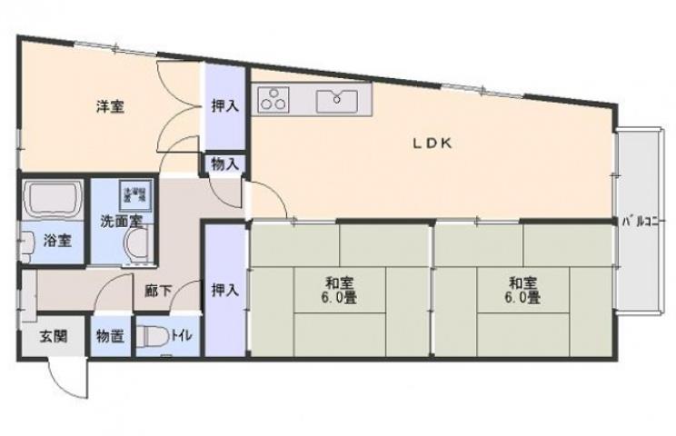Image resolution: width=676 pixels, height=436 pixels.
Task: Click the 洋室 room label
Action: point(111,107)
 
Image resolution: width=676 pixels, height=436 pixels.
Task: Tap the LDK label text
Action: point(433,144)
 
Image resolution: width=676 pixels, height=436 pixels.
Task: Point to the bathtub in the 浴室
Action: point(52,200)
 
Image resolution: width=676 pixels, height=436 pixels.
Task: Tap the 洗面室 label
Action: point(120,221)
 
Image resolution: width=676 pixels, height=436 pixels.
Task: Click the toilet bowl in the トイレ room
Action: point(152,337)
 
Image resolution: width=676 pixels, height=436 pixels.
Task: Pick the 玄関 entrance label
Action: point(52,336)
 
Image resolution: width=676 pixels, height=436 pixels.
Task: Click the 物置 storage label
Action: point(110,336)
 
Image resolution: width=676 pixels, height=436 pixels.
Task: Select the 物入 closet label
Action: point(224,164)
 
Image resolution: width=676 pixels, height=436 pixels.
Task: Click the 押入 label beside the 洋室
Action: point(224,106)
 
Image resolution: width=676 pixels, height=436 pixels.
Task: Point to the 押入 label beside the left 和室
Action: point(224,290)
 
